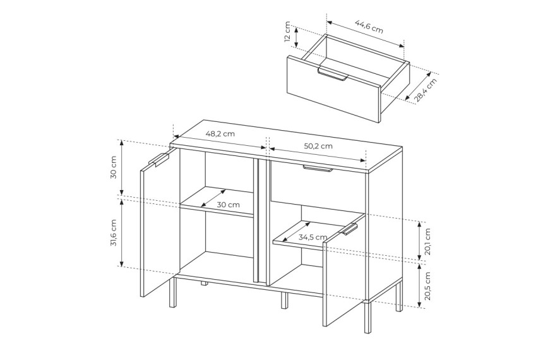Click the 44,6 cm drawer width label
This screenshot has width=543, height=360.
coord(369,27)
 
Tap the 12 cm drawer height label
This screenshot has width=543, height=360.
coord(287,32)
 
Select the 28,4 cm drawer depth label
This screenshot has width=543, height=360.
coord(426,90)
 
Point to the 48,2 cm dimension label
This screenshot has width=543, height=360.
coord(220,133)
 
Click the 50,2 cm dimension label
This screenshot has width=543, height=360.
coord(318,146)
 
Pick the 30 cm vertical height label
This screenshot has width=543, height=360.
coord(113,167)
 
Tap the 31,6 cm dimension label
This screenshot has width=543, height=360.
coord(113,233)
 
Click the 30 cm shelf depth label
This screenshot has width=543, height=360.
coord(228,205)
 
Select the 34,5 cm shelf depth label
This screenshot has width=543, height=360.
coord(313,237)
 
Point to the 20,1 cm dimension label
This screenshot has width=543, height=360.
coord(427,241)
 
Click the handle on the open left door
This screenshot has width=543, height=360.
coord(159,159)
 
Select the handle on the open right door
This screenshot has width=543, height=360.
coord(349,229)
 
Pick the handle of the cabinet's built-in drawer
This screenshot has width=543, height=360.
coord(318,169)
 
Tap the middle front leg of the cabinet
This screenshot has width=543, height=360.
coord(284,301)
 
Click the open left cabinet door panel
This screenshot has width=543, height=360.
coord(160,222)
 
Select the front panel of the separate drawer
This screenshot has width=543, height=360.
coord(334,88)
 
